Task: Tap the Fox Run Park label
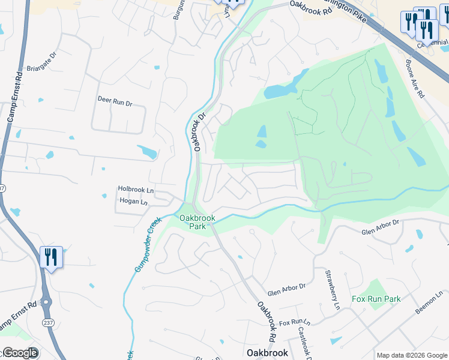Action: point(376,299)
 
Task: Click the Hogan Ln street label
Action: point(133,202)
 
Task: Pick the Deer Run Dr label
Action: point(114,101)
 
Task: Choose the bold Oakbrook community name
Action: point(268,353)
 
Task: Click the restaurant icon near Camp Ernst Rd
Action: point(51,257)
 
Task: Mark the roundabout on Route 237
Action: point(46,302)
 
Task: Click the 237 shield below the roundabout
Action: point(47,323)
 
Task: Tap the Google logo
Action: point(20,353)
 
